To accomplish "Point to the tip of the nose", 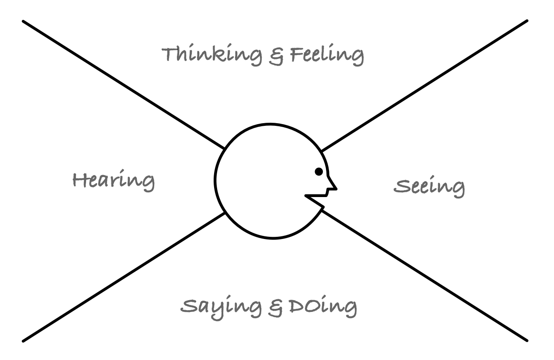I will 336,189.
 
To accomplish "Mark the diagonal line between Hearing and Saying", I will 122,277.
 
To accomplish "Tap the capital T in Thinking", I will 170,55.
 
